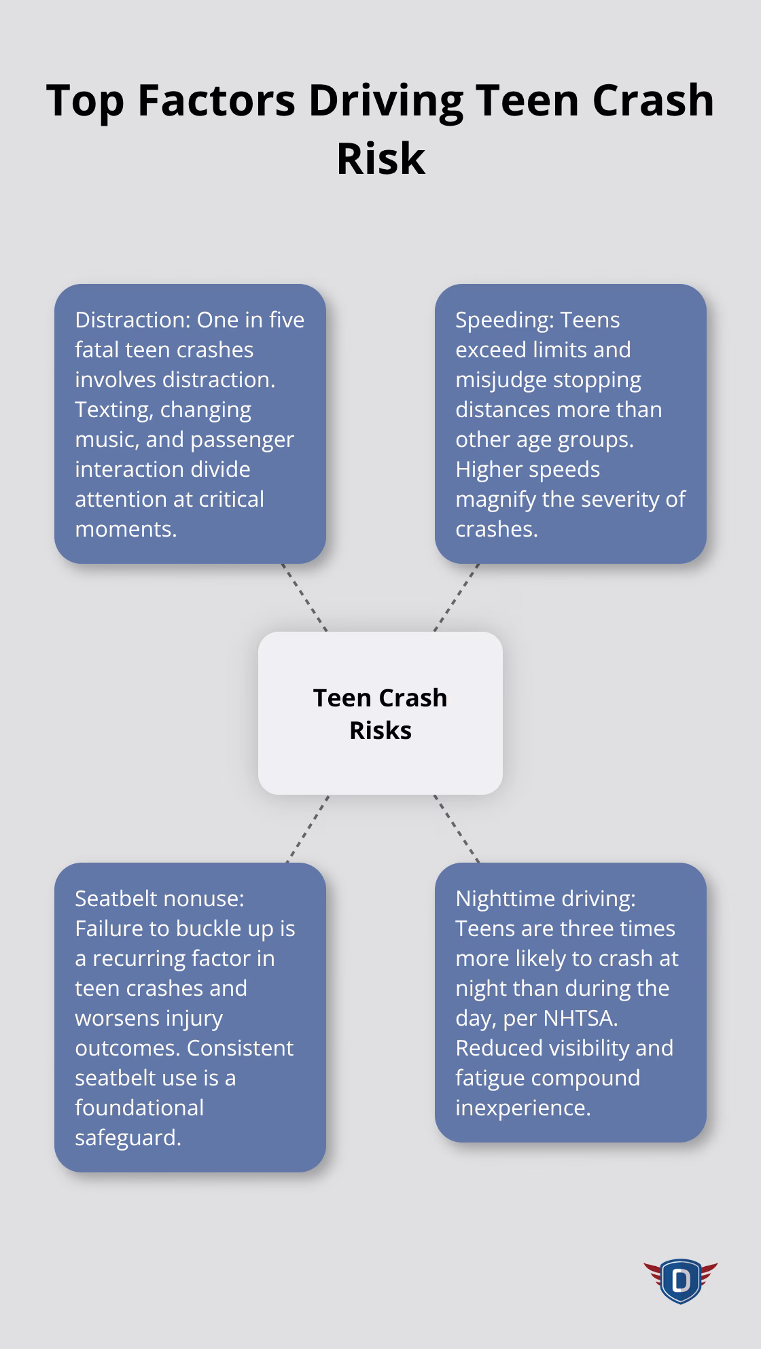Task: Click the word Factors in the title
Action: click(216, 100)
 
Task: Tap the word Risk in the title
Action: click(380, 158)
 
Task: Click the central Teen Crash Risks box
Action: click(380, 713)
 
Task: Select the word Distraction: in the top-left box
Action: click(133, 320)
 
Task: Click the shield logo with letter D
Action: click(680, 1281)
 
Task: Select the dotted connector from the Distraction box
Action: click(304, 598)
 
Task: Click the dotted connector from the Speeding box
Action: click(457, 598)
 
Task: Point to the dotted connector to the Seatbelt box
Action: click(307, 829)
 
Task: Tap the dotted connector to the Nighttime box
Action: click(457, 829)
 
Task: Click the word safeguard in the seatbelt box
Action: click(128, 1138)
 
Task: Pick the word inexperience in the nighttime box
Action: click(523, 1108)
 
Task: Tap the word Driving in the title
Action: click(385, 100)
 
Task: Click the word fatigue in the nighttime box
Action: click(491, 1078)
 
